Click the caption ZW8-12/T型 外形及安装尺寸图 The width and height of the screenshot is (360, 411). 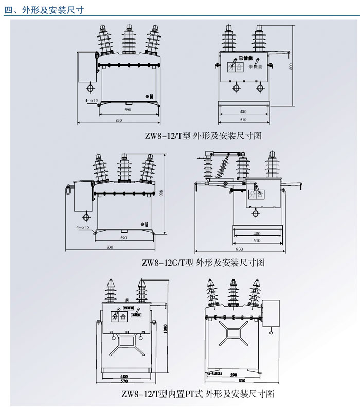tap(203, 136)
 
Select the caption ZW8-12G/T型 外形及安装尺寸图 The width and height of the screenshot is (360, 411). tap(203, 262)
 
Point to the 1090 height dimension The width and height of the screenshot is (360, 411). tap(165, 329)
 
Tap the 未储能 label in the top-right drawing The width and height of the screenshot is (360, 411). tap(255, 67)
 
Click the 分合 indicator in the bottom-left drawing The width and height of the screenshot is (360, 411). tap(119, 317)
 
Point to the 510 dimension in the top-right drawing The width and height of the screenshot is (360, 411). tap(243, 120)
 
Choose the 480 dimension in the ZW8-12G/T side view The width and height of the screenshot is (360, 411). tap(257, 233)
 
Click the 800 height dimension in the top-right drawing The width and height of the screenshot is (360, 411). tap(291, 67)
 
